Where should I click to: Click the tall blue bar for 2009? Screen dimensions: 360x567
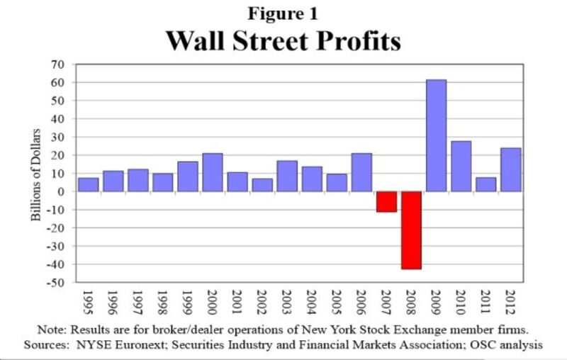click(436, 135)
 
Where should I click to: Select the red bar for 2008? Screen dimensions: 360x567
click(411, 230)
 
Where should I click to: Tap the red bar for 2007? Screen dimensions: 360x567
click(386, 201)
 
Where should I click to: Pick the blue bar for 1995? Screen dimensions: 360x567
click(89, 184)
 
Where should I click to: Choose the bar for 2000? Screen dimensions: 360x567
click(213, 172)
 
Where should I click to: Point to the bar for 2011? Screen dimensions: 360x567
click(486, 184)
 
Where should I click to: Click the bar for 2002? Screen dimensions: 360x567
click(262, 185)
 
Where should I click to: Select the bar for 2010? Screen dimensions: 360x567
click(461, 166)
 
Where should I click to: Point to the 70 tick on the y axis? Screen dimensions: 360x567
click(57, 64)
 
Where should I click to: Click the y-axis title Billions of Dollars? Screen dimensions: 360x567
click(36, 174)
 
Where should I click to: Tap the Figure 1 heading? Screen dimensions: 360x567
click(283, 14)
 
